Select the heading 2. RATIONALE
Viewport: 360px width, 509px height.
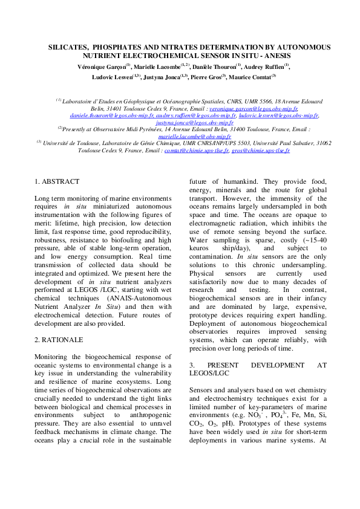pyautogui.click(x=59, y=340)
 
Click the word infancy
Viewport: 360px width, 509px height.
pyautogui.click(x=313, y=298)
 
